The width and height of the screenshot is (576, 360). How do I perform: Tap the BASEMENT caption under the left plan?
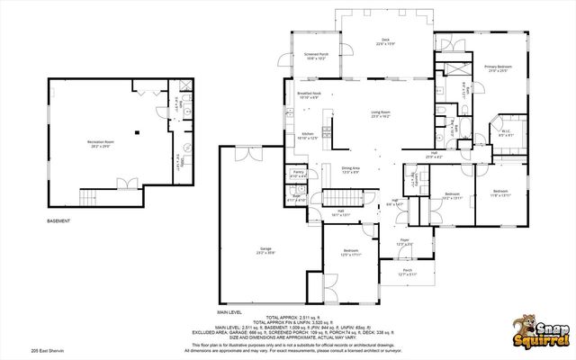pos(61,220)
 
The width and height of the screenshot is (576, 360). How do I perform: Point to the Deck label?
pos(385,41)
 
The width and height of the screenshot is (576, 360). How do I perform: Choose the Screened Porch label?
pos(317,57)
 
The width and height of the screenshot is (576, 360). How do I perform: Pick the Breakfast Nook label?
pos(310,95)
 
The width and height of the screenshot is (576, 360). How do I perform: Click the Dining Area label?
pos(351,169)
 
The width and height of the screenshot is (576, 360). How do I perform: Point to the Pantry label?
pos(298,173)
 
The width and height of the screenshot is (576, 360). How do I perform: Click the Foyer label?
pos(404,241)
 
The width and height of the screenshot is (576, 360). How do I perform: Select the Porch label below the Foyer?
pos(407,272)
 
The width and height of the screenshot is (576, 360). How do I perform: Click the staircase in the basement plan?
pos(88,197)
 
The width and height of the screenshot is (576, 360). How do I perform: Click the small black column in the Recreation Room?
pos(136,132)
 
